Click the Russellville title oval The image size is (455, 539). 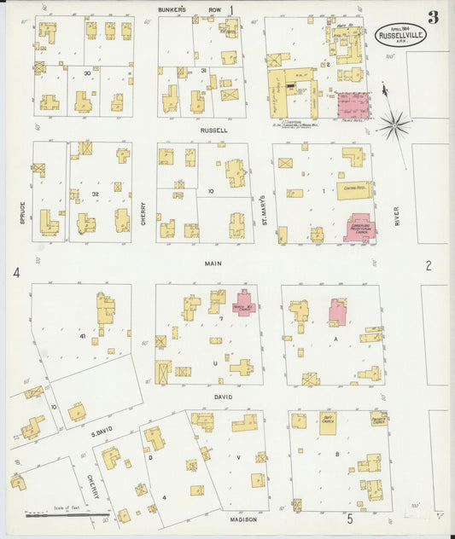point(401,37)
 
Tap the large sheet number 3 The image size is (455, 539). point(435,17)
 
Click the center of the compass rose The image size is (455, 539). point(394,126)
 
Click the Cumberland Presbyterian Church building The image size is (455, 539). point(359,228)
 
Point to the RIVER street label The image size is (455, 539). point(398,218)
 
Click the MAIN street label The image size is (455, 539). point(213,264)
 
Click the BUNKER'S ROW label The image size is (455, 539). point(184,9)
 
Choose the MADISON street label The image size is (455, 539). point(243,519)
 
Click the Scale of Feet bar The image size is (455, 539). point(67,515)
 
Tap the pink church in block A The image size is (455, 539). point(337,312)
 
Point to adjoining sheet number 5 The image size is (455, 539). point(349,518)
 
